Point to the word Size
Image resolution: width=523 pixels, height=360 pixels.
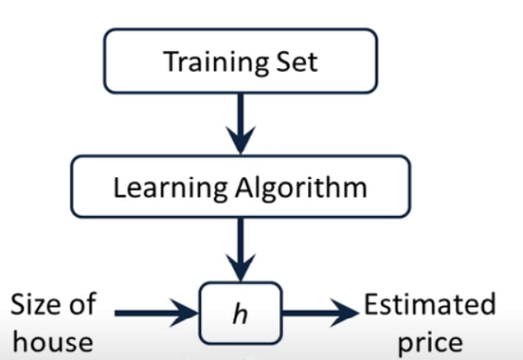point(41,305)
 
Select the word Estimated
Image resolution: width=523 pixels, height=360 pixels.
point(430,305)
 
